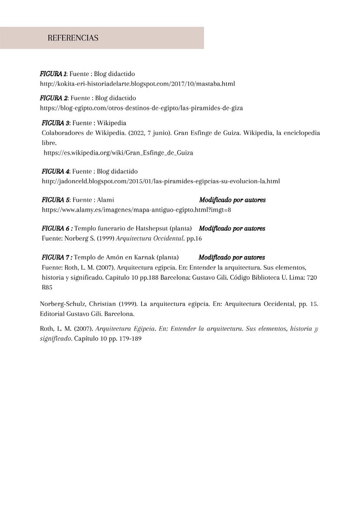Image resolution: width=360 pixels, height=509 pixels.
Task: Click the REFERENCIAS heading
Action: pos(73,38)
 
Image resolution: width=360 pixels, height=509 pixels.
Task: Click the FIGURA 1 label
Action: pos(53,74)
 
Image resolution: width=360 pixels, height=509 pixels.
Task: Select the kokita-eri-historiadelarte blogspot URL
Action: pos(137,84)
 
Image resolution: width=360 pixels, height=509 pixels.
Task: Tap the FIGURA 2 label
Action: pos(54,98)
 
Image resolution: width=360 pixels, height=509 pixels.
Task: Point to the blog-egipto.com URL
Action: pos(141,108)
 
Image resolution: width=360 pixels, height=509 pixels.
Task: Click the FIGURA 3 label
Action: pos(56,123)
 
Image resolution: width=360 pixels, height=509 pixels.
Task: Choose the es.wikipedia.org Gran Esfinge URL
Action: pos(118,153)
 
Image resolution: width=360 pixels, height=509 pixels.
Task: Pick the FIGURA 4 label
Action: pos(56,171)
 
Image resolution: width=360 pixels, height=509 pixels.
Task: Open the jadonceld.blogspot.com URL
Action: pos(161,181)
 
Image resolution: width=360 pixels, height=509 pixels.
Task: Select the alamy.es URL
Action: pos(136,210)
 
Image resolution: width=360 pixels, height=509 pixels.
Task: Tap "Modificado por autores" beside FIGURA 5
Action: pos(232,200)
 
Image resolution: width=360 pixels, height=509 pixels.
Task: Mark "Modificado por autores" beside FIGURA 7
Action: pos(232,258)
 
